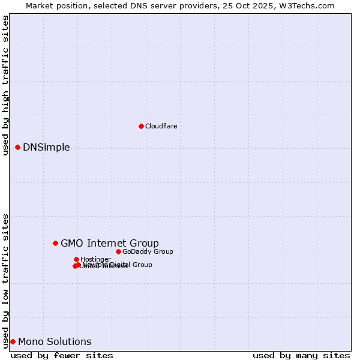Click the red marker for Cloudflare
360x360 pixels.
[141, 126]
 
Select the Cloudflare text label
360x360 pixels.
[161, 126]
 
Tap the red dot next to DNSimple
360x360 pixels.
[17, 147]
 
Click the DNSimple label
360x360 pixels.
[46, 148]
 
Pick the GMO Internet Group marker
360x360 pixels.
[55, 243]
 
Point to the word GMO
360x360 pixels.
[72, 243]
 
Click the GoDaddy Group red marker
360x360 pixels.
[118, 251]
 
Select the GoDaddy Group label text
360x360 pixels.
[148, 251]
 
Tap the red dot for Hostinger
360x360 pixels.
[76, 259]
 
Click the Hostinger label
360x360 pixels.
[95, 259]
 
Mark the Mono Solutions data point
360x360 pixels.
[13, 341]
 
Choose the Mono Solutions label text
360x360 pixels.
[55, 342]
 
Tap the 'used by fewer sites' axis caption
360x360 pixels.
[62, 355]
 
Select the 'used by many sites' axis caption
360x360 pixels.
[301, 355]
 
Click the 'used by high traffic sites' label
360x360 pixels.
[5, 85]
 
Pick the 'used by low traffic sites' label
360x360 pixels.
[5, 280]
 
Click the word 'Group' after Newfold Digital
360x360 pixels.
[142, 265]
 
